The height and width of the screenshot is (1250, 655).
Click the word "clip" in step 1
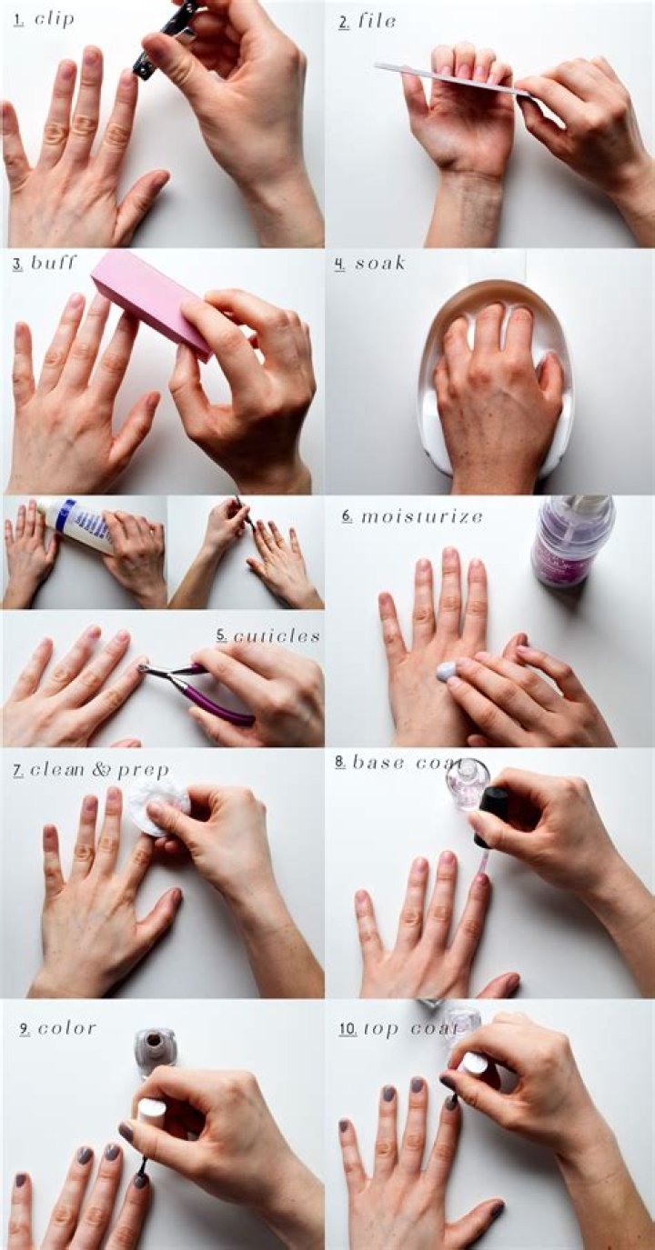click(55, 19)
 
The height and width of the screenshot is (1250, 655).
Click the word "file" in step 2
click(377, 21)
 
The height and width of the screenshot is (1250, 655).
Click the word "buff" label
click(54, 264)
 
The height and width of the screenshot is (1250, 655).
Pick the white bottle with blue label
click(77, 525)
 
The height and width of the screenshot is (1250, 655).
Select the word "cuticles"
click(277, 635)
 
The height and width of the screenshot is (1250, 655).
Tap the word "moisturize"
click(422, 516)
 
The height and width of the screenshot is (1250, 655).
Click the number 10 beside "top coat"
click(347, 1029)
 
